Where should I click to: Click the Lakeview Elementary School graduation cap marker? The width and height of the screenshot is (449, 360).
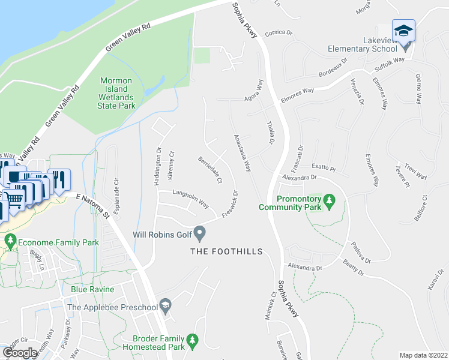pos(403,30)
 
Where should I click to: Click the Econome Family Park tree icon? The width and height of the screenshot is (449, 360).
pos(10,242)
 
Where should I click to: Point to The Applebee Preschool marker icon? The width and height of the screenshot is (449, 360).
pos(166,307)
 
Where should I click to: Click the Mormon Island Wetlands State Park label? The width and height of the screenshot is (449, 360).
pos(116,92)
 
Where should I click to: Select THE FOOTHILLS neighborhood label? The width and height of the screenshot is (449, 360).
pos(226,251)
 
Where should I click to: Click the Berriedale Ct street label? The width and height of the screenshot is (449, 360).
pos(211,170)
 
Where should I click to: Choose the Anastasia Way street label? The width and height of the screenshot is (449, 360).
pos(242,152)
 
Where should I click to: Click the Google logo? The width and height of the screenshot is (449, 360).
pos(20,353)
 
